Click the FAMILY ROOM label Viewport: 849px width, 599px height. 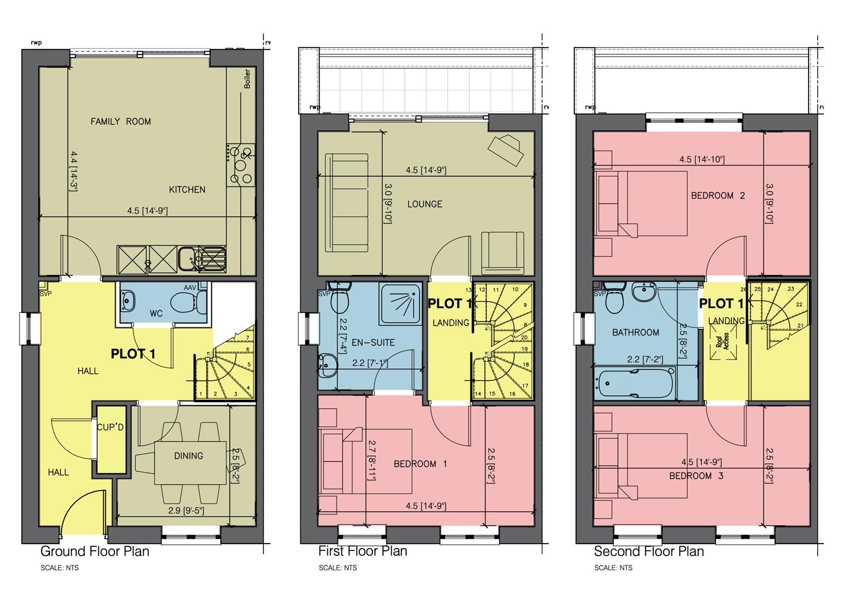[x=120, y=121]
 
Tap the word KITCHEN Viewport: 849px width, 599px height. [x=187, y=190]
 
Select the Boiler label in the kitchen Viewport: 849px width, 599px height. [x=247, y=79]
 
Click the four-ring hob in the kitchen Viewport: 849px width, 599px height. [x=241, y=165]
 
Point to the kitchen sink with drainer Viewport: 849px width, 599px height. [x=203, y=258]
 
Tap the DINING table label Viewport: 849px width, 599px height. [x=189, y=456]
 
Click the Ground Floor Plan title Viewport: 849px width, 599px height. [x=95, y=551]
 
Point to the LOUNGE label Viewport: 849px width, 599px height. [x=424, y=204]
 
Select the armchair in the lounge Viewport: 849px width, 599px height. [x=502, y=253]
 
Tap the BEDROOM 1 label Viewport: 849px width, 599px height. [x=420, y=464]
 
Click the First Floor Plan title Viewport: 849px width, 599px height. [x=362, y=551]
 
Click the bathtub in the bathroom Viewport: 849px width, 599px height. [x=634, y=383]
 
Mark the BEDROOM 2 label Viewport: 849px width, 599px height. [x=717, y=196]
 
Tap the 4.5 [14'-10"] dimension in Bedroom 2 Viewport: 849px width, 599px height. [x=702, y=159]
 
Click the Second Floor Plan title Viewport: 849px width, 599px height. [x=649, y=551]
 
